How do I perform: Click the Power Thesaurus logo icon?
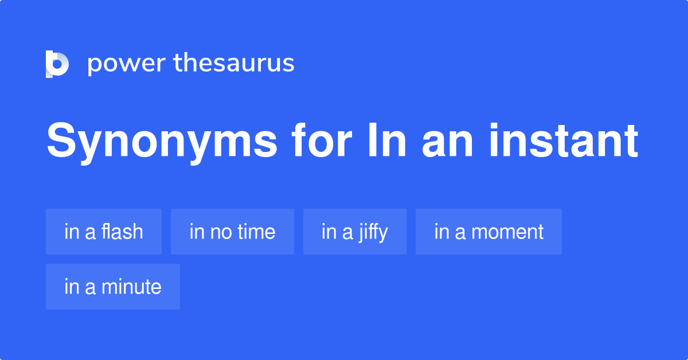coord(57,64)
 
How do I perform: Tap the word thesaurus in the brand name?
coord(234,64)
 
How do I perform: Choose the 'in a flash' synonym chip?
coord(104,232)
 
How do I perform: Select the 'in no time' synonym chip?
coord(232,232)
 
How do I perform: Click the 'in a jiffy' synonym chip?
coord(355,232)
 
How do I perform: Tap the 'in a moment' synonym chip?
coord(488,232)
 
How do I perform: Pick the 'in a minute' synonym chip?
coord(113,287)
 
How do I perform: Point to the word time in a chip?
coord(256,232)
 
